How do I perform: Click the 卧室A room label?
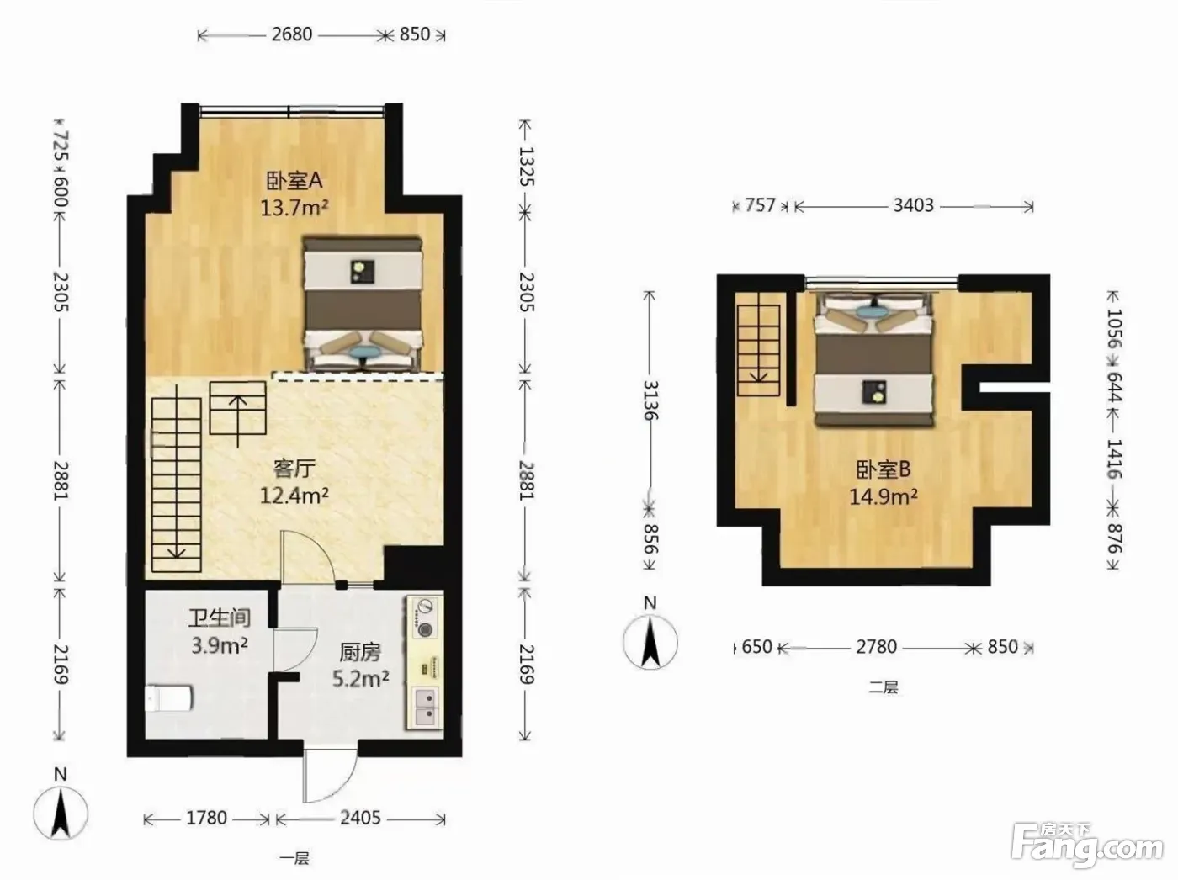point(294,181)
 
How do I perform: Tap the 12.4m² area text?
point(294,495)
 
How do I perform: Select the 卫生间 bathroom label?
point(220,618)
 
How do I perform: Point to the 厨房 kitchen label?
point(360,652)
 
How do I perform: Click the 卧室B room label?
point(883,470)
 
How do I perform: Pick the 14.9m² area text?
point(883,496)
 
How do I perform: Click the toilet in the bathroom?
point(168,698)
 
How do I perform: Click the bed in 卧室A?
point(363,304)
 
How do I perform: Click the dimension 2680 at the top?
point(292,34)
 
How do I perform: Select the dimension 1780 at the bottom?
point(207,818)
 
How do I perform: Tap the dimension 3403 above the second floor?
point(914,205)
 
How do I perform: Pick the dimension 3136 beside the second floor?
point(650,400)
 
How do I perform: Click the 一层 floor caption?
point(294,858)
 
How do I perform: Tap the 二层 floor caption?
point(883,687)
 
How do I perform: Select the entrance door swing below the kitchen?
point(328,772)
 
